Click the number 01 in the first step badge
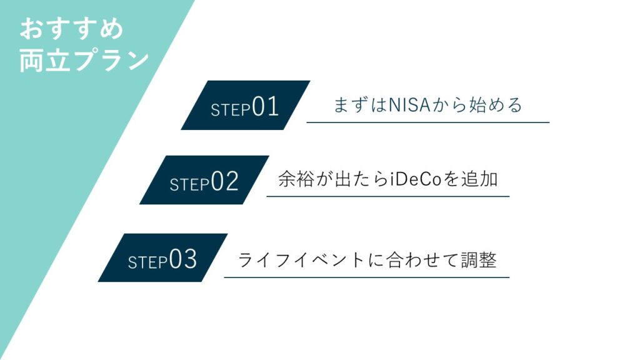(265, 106)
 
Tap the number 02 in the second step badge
(224, 181)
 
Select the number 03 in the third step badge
(183, 259)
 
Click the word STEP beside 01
(231, 110)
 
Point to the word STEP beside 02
(189, 184)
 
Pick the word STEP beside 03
(147, 262)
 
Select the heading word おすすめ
(71, 29)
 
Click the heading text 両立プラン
(84, 61)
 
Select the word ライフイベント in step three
(301, 260)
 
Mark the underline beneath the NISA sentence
(427, 122)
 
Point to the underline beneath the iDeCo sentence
(387, 196)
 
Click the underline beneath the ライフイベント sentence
(366, 277)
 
